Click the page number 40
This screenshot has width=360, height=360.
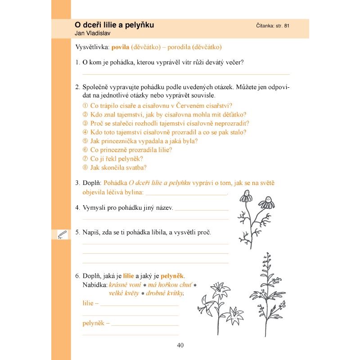coord(180,346)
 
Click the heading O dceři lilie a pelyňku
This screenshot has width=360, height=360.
coord(114,25)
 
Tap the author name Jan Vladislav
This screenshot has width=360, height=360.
coord(93,33)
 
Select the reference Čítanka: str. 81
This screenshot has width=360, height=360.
coord(272,26)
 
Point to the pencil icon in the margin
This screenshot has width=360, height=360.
coord(62,234)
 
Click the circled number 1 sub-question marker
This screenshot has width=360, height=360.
coord(85,106)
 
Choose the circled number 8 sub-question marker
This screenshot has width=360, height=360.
coord(85,167)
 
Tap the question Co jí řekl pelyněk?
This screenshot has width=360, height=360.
coord(117,159)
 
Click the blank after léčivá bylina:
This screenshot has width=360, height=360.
coord(187,194)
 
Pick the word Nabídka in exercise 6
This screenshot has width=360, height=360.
coord(94,285)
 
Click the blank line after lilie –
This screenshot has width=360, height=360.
coord(139,305)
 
